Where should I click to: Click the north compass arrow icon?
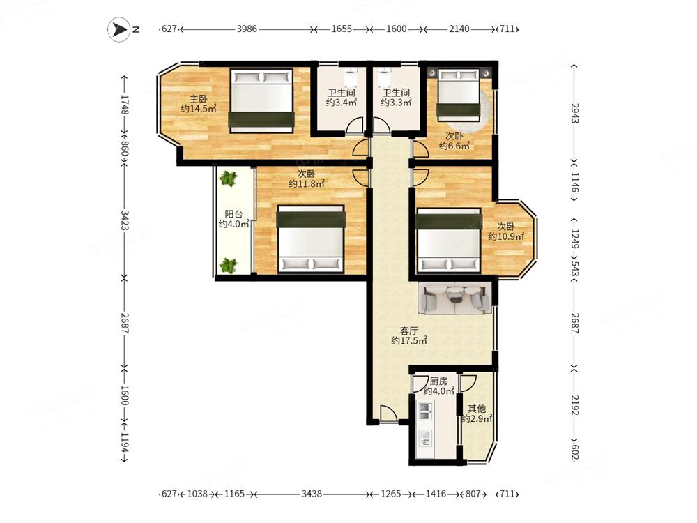tap(119, 30)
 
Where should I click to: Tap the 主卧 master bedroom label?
tap(198, 99)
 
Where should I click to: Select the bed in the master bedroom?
tap(261, 100)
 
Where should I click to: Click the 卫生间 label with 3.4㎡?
tap(342, 93)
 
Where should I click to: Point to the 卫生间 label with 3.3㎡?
tap(396, 93)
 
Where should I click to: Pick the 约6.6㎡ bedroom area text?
tap(454, 146)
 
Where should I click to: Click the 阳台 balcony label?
tap(233, 214)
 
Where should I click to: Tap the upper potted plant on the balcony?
tap(229, 179)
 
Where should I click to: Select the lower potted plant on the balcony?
tap(228, 266)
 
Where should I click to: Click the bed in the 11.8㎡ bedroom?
tap(311, 238)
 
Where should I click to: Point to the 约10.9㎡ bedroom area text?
tap(506, 236)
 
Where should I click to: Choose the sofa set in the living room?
tap(454, 298)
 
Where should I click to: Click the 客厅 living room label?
tap(409, 331)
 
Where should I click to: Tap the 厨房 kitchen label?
tap(438, 381)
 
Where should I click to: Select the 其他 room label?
tap(477, 409)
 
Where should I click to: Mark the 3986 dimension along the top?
tap(247, 29)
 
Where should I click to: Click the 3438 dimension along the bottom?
tap(311, 494)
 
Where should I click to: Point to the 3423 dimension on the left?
tap(125, 220)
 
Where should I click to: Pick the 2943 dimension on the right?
tap(575, 114)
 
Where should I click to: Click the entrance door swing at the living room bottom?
tap(388, 413)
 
